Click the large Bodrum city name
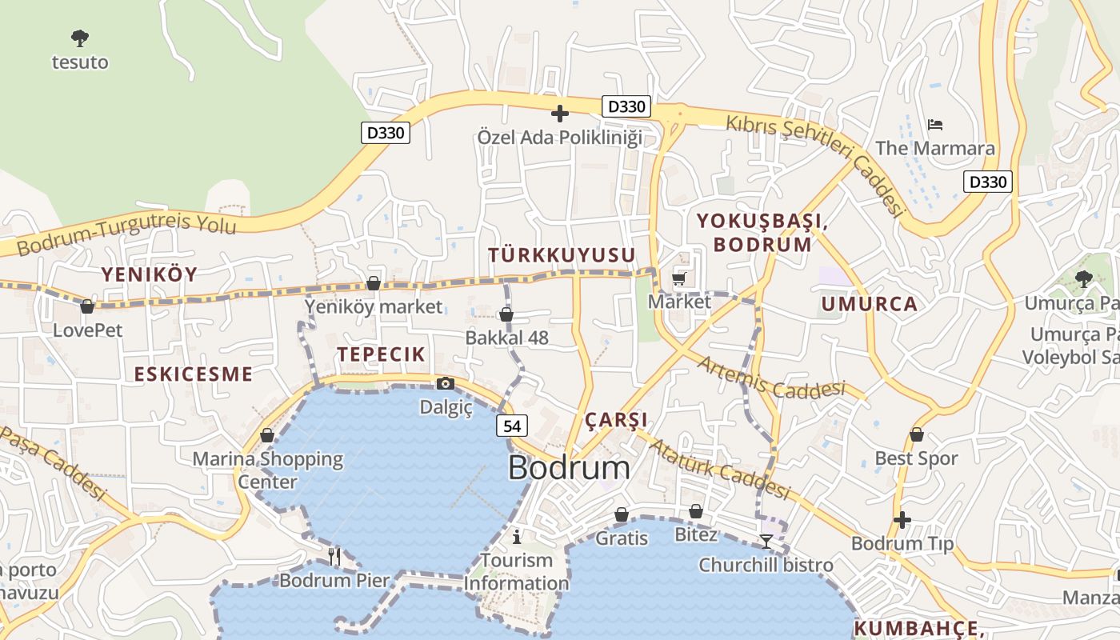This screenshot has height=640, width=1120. (x=568, y=468)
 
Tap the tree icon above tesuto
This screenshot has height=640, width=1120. (x=79, y=38)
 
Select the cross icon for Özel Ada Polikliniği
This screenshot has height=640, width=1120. (x=560, y=114)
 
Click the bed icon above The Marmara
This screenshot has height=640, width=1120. (x=935, y=125)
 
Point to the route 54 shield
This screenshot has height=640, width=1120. (x=512, y=426)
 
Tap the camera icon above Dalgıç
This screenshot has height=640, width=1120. (x=446, y=384)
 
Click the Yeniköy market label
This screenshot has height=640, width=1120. (x=373, y=306)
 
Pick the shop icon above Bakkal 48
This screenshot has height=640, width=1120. (x=506, y=314)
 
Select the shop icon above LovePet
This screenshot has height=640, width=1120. (x=87, y=306)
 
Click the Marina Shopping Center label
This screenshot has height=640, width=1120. (x=267, y=470)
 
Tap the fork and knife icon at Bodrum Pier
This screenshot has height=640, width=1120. (x=334, y=556)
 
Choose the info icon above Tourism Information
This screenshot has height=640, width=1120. (x=517, y=536)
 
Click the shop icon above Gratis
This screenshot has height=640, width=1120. (x=622, y=514)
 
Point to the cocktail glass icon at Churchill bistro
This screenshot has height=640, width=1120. (x=766, y=542)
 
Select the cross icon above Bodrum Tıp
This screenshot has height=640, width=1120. (x=902, y=520)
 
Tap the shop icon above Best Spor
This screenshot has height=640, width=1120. (x=917, y=435)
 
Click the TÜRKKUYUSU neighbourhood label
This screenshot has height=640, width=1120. (x=562, y=255)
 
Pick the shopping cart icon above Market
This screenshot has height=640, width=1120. (x=679, y=278)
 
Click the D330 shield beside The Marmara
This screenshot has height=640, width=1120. (x=987, y=182)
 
